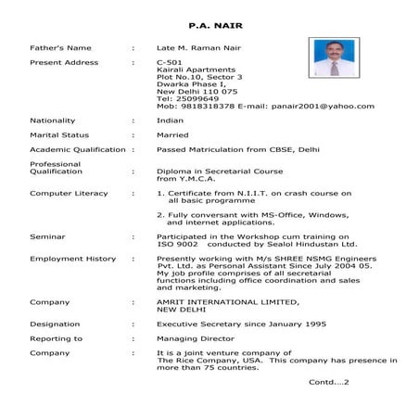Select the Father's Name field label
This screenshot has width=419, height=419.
point(61,46)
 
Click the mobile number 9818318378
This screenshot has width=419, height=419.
point(196,107)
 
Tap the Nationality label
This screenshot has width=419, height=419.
point(53,121)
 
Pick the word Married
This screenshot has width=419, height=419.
point(173,135)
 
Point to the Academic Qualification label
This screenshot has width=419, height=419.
point(77,149)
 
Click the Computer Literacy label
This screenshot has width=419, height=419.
point(69,193)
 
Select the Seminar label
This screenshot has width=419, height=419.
point(47,236)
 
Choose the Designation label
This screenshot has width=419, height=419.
point(55,324)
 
